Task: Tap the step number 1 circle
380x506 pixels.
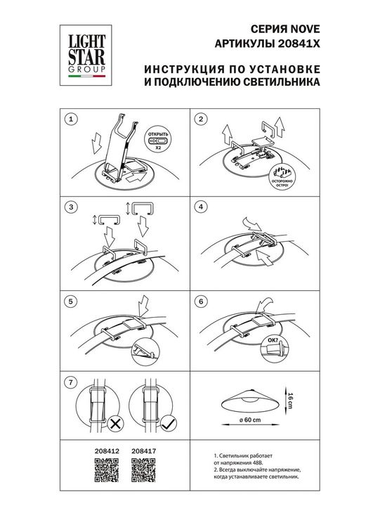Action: coord(70,119)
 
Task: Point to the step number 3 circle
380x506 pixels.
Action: coord(70,207)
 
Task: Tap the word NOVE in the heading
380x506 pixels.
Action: coord(306,30)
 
